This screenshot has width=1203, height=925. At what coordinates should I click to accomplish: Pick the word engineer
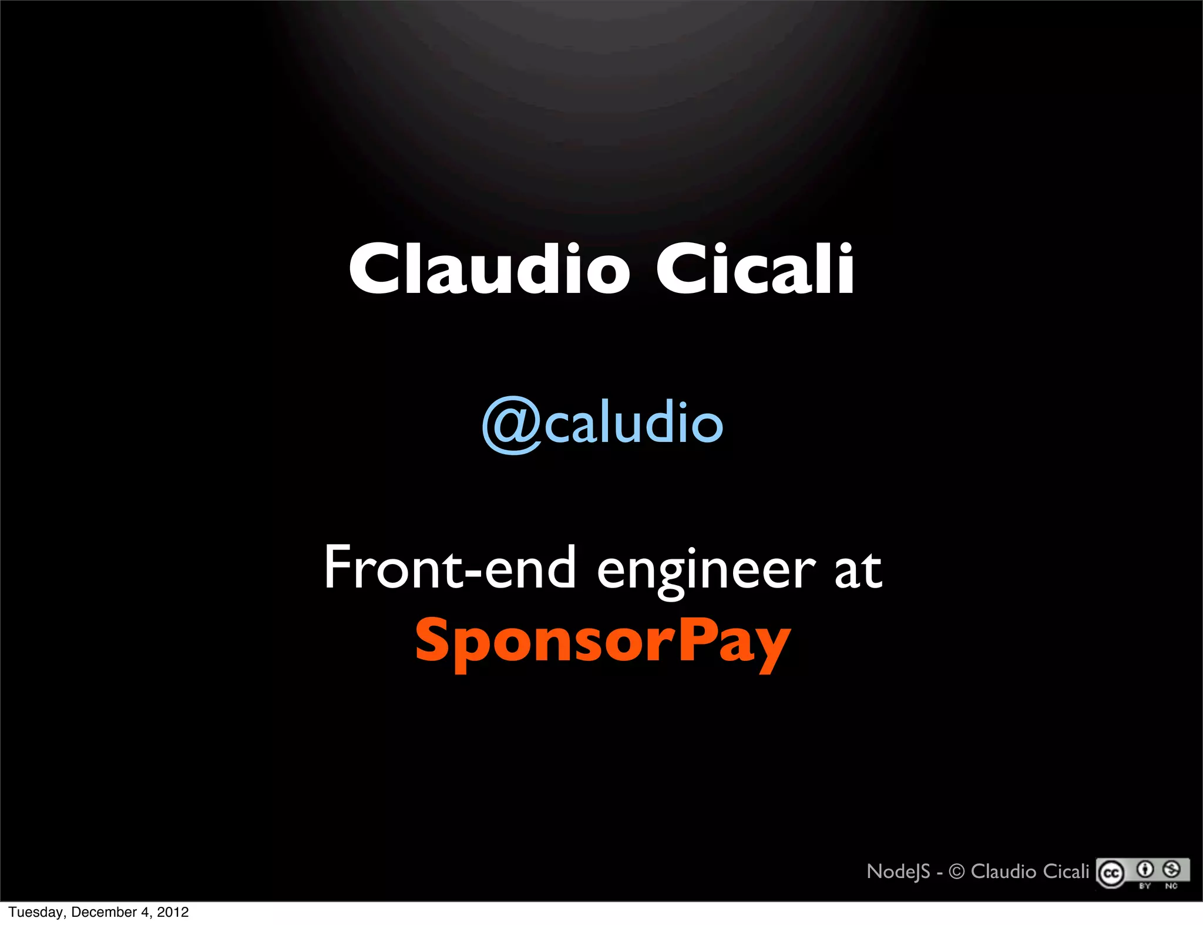click(706, 570)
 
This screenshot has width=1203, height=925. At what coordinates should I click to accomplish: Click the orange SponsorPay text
click(603, 642)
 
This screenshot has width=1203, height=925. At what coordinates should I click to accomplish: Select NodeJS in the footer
click(898, 872)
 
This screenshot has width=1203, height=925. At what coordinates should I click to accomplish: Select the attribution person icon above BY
click(1145, 869)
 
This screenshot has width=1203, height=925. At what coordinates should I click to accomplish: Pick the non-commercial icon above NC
click(1171, 869)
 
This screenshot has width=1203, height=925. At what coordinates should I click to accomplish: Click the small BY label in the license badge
click(1145, 886)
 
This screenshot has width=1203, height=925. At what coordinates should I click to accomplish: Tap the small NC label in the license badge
click(1171, 886)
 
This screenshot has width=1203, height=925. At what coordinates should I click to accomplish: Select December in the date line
click(104, 912)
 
